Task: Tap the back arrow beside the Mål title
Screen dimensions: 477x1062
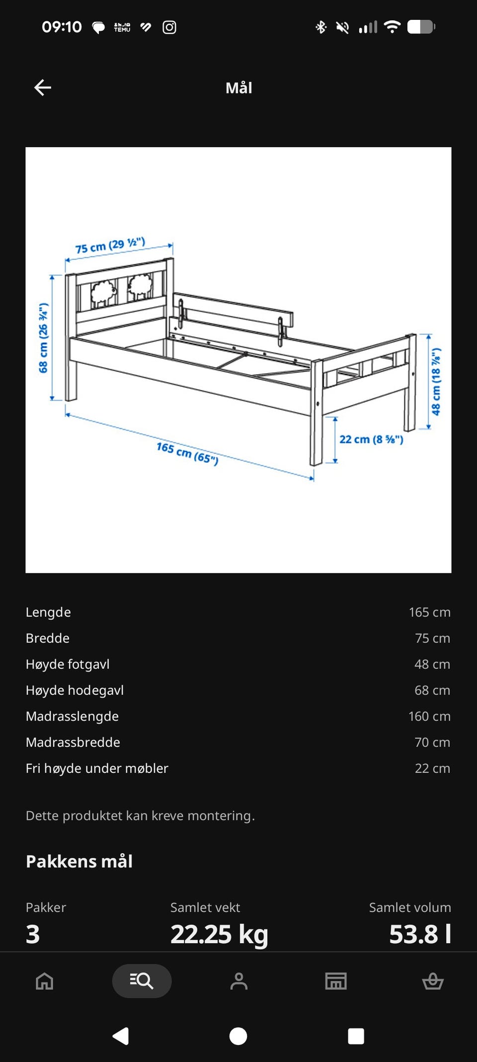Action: pyautogui.click(x=43, y=87)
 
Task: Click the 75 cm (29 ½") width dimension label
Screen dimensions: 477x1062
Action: pyautogui.click(x=110, y=245)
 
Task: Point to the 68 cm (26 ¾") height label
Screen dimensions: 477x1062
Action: pyautogui.click(x=44, y=337)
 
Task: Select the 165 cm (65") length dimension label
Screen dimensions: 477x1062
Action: pyautogui.click(x=187, y=453)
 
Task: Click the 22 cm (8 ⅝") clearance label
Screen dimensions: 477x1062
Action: pyautogui.click(x=371, y=439)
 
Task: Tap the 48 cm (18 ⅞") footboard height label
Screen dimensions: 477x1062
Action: pyautogui.click(x=436, y=381)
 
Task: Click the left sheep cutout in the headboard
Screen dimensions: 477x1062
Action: pyautogui.click(x=103, y=293)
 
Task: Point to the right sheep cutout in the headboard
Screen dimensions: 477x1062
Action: pyautogui.click(x=141, y=287)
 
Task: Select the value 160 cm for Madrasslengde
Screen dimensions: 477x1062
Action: pyautogui.click(x=429, y=716)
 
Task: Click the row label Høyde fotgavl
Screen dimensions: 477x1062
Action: pyautogui.click(x=68, y=664)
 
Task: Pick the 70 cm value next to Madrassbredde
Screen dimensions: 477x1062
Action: pyautogui.click(x=432, y=742)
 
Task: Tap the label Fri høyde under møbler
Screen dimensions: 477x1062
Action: pyautogui.click(x=97, y=768)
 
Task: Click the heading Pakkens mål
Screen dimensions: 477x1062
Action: pyautogui.click(x=79, y=861)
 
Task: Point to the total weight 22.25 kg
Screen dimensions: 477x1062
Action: pyautogui.click(x=219, y=934)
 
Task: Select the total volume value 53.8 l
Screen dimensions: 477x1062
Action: pyautogui.click(x=420, y=934)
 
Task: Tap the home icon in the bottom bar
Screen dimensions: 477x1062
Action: pyautogui.click(x=45, y=981)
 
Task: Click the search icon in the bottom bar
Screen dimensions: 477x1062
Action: pyautogui.click(x=142, y=981)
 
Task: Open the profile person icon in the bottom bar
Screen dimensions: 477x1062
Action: pyautogui.click(x=239, y=981)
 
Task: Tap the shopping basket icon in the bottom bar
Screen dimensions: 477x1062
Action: pyautogui.click(x=433, y=981)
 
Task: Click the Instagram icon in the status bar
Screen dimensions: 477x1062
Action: pyautogui.click(x=169, y=27)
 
